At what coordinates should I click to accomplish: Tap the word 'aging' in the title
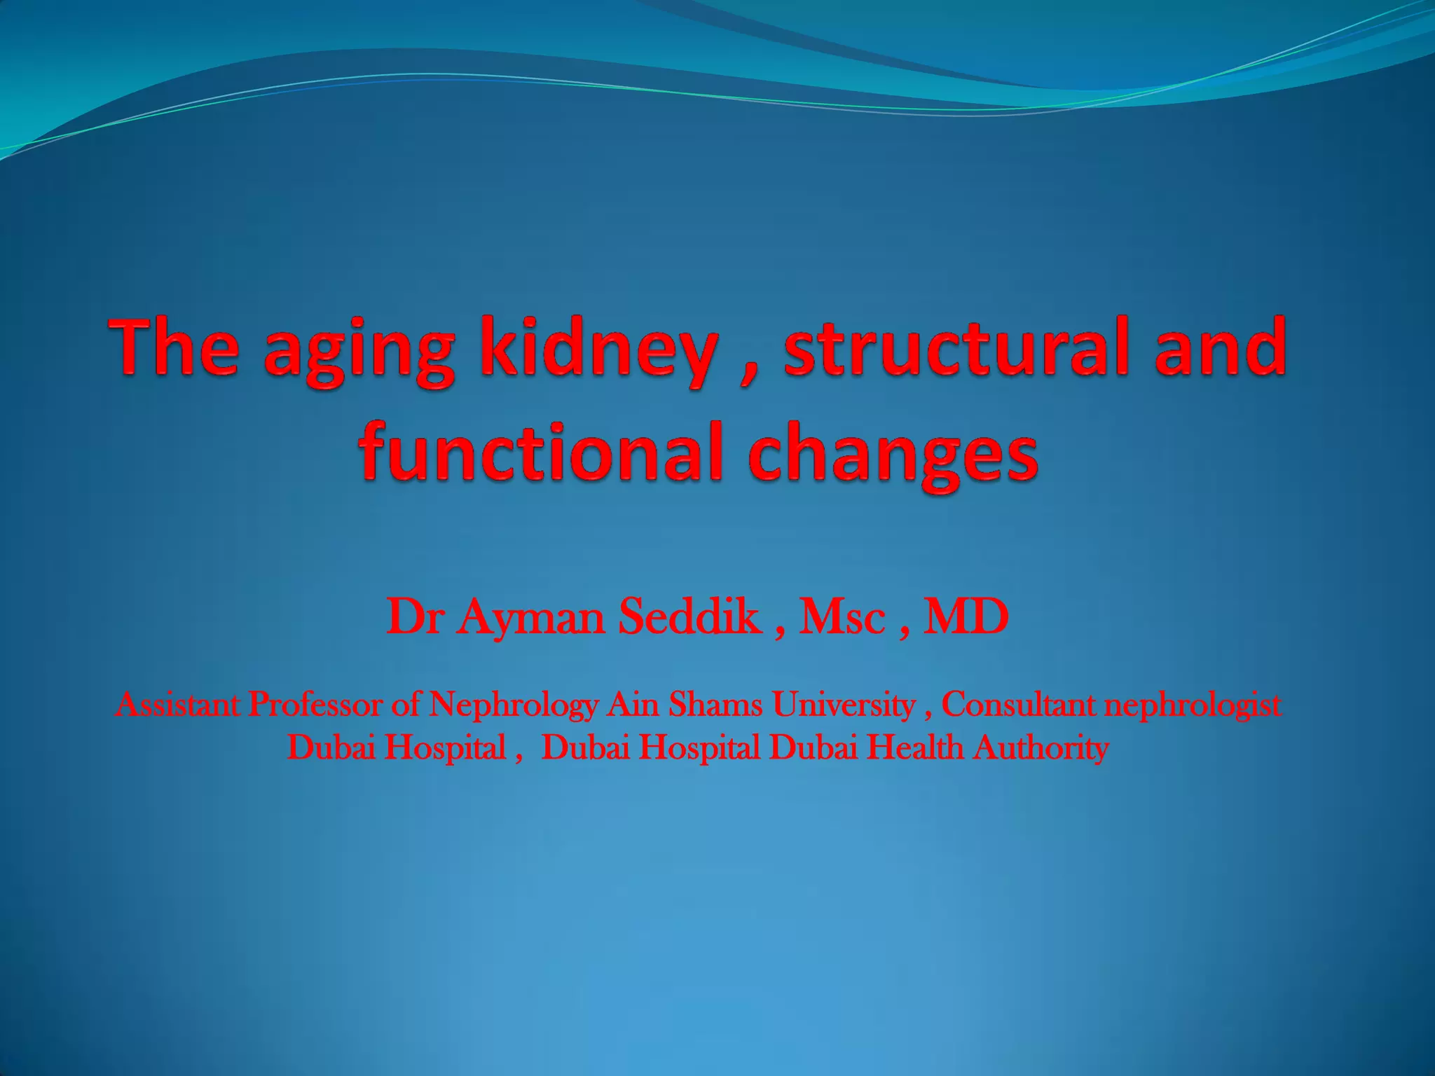click(x=359, y=354)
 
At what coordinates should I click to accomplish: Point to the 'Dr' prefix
click(x=413, y=618)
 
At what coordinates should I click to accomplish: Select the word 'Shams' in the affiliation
click(x=715, y=704)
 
